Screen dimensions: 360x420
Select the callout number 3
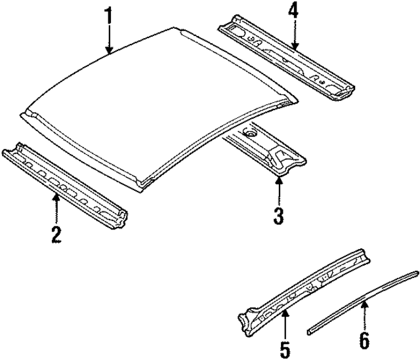(x=279, y=215)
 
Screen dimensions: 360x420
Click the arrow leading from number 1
(x=109, y=40)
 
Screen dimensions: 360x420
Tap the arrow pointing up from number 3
(x=279, y=190)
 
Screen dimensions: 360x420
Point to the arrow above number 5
(x=285, y=321)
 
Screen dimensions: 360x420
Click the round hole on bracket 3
(x=249, y=133)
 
